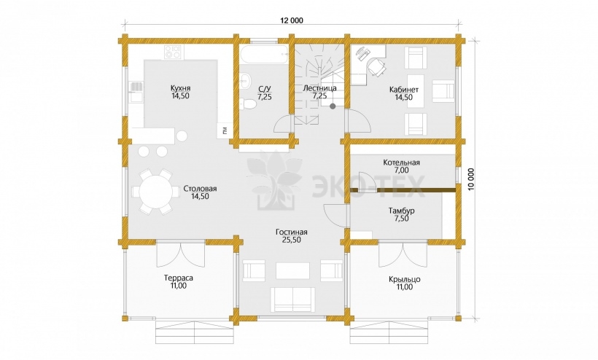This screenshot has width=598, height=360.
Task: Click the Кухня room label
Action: (180, 88)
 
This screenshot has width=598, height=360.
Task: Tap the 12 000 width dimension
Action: (292, 20)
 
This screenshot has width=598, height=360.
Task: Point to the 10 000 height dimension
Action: (471, 181)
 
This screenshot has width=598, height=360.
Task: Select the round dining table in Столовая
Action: (155, 191)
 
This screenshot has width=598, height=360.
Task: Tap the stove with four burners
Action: (173, 52)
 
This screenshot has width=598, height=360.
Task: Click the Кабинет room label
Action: (404, 90)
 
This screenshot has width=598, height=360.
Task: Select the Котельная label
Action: (402, 163)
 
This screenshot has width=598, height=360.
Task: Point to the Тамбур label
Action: (402, 211)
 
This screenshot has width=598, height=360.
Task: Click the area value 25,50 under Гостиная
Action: (292, 240)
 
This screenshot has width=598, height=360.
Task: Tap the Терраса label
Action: (179, 278)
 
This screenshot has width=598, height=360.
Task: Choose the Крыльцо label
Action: (405, 279)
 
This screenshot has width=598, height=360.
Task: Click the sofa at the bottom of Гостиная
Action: (293, 300)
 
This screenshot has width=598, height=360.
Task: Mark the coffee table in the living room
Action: (292, 270)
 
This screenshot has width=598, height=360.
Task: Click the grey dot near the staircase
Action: (333, 106)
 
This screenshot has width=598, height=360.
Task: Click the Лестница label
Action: (319, 88)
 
